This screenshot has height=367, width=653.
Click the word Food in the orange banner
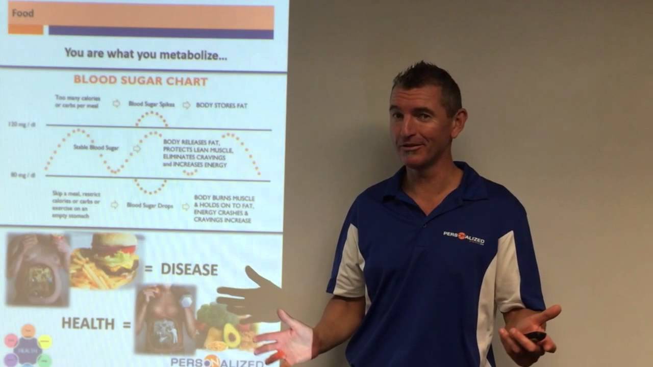click(x=23, y=13)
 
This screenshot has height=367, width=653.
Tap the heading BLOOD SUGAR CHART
click(x=140, y=81)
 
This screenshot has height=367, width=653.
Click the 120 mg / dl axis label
click(x=21, y=124)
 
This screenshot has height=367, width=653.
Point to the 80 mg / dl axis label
click(x=23, y=175)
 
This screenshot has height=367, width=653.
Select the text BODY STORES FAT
click(x=221, y=106)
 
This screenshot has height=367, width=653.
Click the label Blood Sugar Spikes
click(x=152, y=104)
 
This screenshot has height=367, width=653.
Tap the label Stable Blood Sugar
click(x=96, y=148)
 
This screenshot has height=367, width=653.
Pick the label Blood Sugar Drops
click(x=150, y=205)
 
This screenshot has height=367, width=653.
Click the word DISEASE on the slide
click(x=189, y=269)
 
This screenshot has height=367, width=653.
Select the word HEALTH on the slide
click(x=88, y=323)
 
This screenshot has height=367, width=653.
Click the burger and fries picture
click(x=105, y=260)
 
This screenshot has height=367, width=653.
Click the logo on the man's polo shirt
click(x=464, y=238)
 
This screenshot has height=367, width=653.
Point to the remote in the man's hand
click(x=535, y=336)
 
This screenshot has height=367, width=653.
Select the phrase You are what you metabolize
click(x=146, y=55)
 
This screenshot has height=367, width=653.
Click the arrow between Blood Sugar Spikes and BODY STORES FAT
click(x=186, y=104)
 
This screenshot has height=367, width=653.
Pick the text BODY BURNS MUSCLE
click(x=224, y=198)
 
